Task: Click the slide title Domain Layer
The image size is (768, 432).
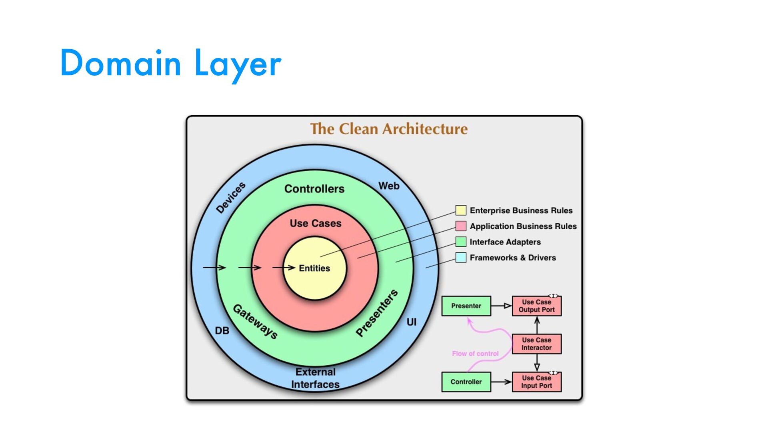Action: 171,63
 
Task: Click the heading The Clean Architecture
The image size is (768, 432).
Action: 389,129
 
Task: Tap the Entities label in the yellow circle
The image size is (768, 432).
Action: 314,268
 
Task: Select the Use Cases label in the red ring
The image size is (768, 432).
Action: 316,223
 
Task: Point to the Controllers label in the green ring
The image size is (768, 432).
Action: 314,189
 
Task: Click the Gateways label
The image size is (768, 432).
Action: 255,322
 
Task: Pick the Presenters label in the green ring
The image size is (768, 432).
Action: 377,313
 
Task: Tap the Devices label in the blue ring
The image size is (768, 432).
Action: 231,198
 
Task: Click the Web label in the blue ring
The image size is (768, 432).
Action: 389,186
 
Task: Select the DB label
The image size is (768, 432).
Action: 222,331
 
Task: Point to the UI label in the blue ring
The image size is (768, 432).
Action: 412,322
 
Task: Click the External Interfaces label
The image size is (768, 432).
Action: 315,378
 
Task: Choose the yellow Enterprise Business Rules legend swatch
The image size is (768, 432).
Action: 461,210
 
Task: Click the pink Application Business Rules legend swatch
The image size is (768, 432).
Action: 461,226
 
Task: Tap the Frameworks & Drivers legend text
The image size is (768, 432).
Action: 513,258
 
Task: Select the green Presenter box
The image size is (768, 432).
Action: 466,306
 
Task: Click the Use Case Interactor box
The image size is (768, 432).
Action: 536,344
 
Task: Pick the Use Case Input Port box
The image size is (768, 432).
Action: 536,382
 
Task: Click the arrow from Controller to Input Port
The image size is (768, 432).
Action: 501,382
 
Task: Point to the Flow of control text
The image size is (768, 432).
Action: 475,354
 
